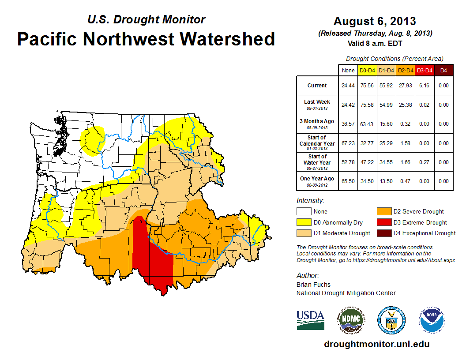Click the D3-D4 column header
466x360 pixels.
425,70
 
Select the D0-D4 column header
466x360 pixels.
367,70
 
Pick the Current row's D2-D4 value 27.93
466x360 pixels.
406,86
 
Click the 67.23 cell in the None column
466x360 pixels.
348,143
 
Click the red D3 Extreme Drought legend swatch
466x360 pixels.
382,222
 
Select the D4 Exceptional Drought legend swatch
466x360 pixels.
382,233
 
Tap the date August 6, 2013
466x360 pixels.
375,21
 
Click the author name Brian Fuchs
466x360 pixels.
313,285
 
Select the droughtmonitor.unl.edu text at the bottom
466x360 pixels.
376,344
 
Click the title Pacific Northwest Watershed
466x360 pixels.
146,39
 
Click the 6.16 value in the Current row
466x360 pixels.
425,86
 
